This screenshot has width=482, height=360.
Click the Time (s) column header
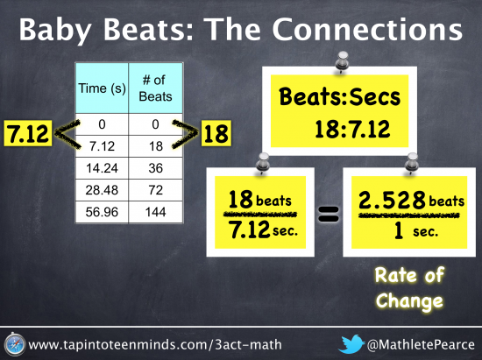pos(102,88)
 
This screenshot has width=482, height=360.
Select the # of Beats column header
pos(155,88)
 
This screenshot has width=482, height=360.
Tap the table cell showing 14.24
pos(102,168)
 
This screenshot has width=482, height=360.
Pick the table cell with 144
pos(155,212)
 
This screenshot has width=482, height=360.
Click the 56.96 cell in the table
pos(102,212)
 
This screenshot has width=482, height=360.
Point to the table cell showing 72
pos(155,190)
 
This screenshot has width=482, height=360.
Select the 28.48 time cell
pos(102,190)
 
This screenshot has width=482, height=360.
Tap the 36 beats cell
pos(155,168)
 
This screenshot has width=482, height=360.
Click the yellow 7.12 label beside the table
pos(28,133)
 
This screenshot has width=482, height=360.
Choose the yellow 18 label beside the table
pos(216,133)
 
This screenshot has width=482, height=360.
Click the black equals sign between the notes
pos(329,214)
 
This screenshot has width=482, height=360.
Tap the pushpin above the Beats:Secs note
pos(342,61)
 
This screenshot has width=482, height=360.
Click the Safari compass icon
pos(14,344)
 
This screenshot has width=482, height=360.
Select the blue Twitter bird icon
pos(351,344)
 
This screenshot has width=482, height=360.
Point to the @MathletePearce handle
pos(421,344)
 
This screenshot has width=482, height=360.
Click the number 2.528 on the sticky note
pos(392,201)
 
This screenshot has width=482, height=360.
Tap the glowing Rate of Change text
pos(409,287)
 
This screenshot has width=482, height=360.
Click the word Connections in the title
pos(367,30)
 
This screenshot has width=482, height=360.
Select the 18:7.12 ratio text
pos(352,129)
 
